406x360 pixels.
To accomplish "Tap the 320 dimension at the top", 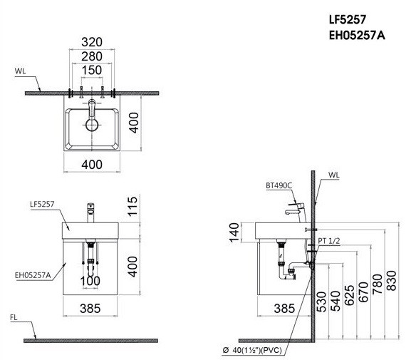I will [x=92, y=41].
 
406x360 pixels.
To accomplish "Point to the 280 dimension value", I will [x=92, y=56].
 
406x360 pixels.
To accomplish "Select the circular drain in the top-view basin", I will [x=92, y=124].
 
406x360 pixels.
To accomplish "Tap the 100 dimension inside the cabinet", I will [x=91, y=281].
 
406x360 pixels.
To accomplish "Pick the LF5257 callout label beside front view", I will [x=41, y=205].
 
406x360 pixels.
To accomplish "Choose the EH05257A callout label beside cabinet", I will [x=31, y=272].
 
